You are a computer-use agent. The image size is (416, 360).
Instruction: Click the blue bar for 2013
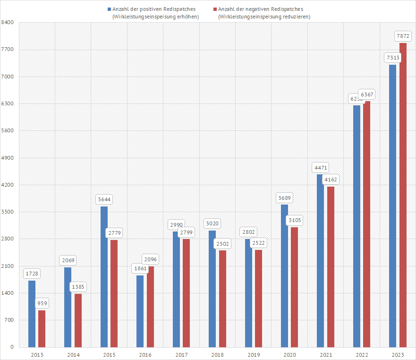[x=32, y=314]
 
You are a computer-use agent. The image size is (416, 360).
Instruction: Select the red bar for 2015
[x=114, y=293]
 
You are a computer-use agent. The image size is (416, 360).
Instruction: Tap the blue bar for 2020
[x=284, y=276]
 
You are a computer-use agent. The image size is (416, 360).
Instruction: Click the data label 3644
[x=103, y=199]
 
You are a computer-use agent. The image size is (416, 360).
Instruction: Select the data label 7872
[x=403, y=36]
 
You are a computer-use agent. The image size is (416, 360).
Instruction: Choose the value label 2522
[x=259, y=243]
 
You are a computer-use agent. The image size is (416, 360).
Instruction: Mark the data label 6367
[x=367, y=94]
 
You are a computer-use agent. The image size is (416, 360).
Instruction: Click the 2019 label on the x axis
[x=254, y=354]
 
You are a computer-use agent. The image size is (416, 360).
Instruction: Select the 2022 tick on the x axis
[x=362, y=354]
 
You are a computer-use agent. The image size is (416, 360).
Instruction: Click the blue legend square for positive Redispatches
[x=110, y=9]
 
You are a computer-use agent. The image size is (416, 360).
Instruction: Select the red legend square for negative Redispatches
[x=215, y=9]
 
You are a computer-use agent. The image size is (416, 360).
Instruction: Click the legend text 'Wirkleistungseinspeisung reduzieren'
[x=267, y=17]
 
